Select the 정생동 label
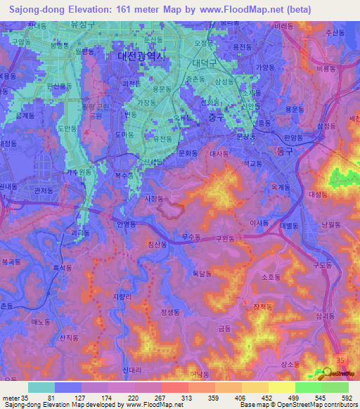[x=171, y=311]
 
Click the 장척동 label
[x=263, y=306]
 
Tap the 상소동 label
[x=290, y=364]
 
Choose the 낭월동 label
[x=330, y=224]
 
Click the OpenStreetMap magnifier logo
[x=324, y=374]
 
